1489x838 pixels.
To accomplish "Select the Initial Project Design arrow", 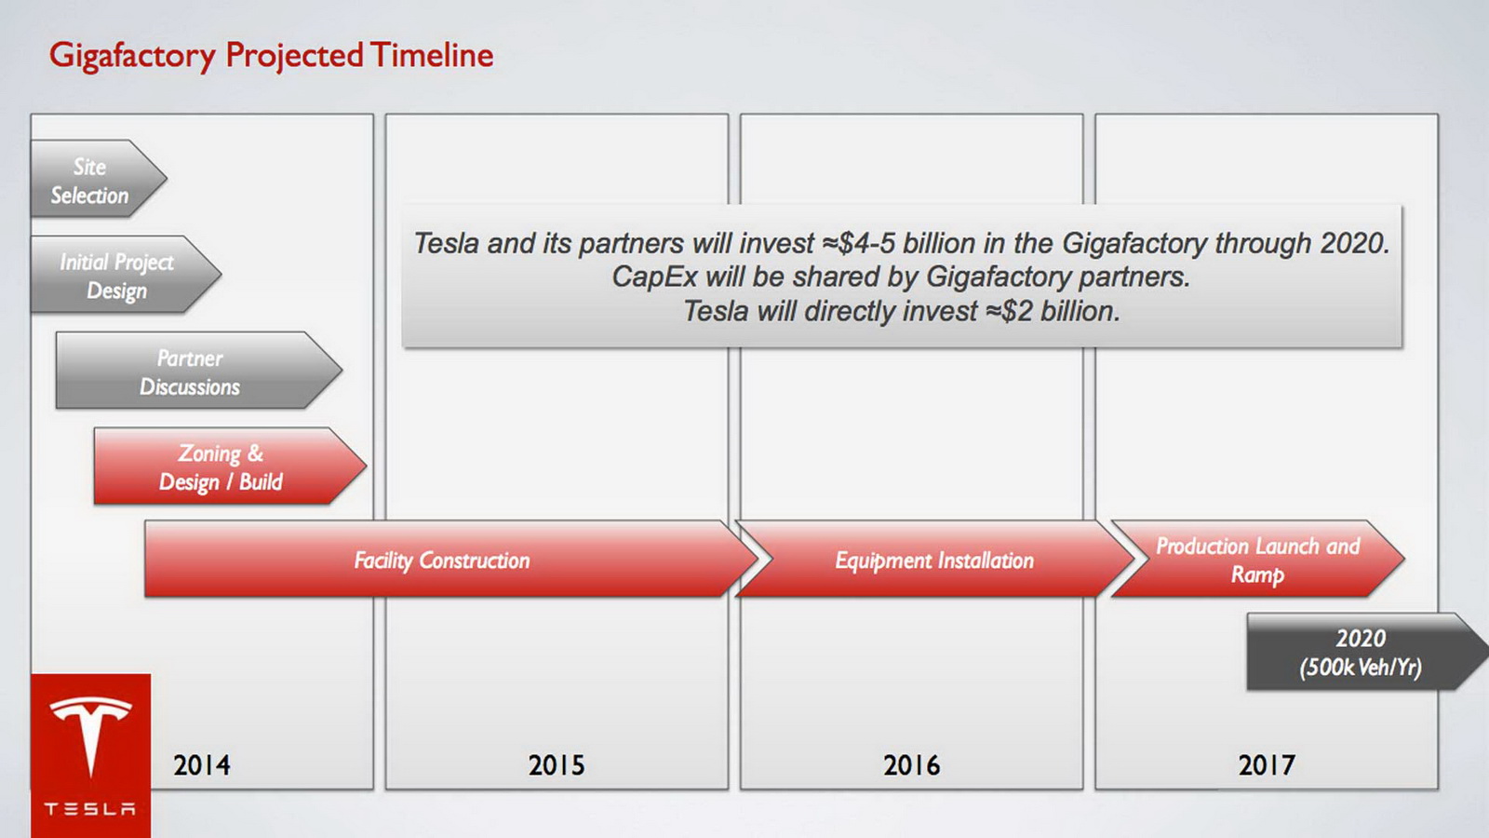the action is [125, 274].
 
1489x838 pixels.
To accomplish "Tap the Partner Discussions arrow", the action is [199, 370].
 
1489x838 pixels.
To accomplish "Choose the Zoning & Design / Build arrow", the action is [230, 466].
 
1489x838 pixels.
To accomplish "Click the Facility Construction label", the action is [442, 561].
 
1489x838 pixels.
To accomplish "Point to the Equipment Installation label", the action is [934, 561].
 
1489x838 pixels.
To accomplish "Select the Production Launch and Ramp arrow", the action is [1257, 559].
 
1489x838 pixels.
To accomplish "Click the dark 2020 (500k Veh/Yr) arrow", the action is [1368, 652].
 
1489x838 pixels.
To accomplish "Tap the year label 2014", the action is [201, 764].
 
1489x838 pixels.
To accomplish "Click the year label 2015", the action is [557, 764].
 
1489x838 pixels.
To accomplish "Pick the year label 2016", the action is [911, 764].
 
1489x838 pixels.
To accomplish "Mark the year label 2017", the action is [1267, 764].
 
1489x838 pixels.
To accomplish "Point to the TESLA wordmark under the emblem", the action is [89, 809].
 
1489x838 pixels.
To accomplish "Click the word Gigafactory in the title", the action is [132, 55].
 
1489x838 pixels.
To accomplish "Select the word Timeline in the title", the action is [432, 55].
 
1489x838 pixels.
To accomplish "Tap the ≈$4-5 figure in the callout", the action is [858, 243].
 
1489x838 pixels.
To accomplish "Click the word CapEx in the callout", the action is [654, 277].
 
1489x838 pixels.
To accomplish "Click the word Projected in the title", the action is [294, 55].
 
